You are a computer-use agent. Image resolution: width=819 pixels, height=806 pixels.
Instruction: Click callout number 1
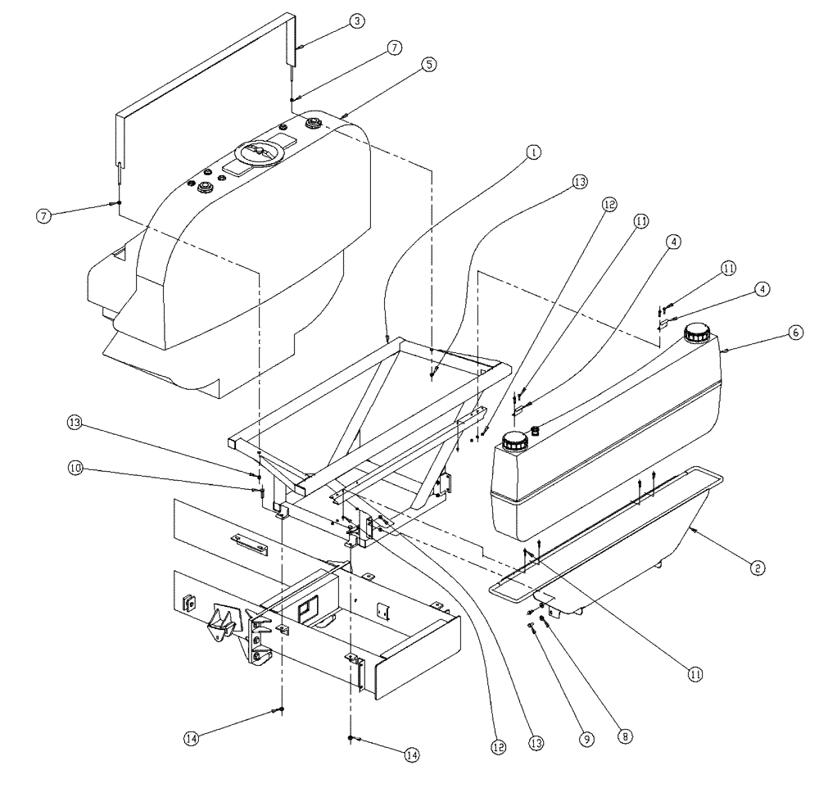click(x=533, y=152)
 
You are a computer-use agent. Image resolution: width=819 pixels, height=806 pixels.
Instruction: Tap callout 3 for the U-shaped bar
click(x=357, y=22)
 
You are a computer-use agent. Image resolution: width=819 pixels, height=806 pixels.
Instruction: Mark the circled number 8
click(x=627, y=736)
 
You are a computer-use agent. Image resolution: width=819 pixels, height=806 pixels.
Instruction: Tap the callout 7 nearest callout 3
click(x=395, y=48)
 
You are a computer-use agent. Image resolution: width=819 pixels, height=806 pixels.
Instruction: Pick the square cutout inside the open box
click(x=310, y=610)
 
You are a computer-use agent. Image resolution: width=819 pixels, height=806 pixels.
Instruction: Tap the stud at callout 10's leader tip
click(x=260, y=492)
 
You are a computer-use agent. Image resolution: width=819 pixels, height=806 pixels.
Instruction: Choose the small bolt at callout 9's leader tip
click(x=533, y=627)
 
